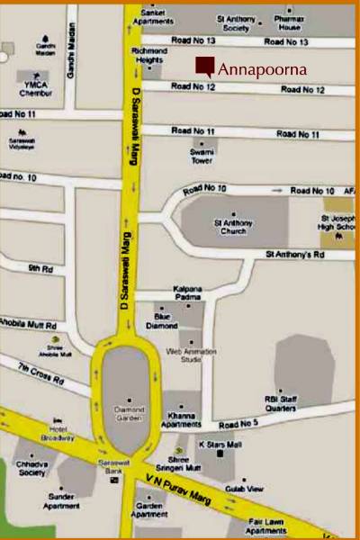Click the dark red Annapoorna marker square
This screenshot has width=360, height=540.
point(205,66)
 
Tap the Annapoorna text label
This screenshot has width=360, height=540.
point(262,68)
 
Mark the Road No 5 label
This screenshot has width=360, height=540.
point(238,424)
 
